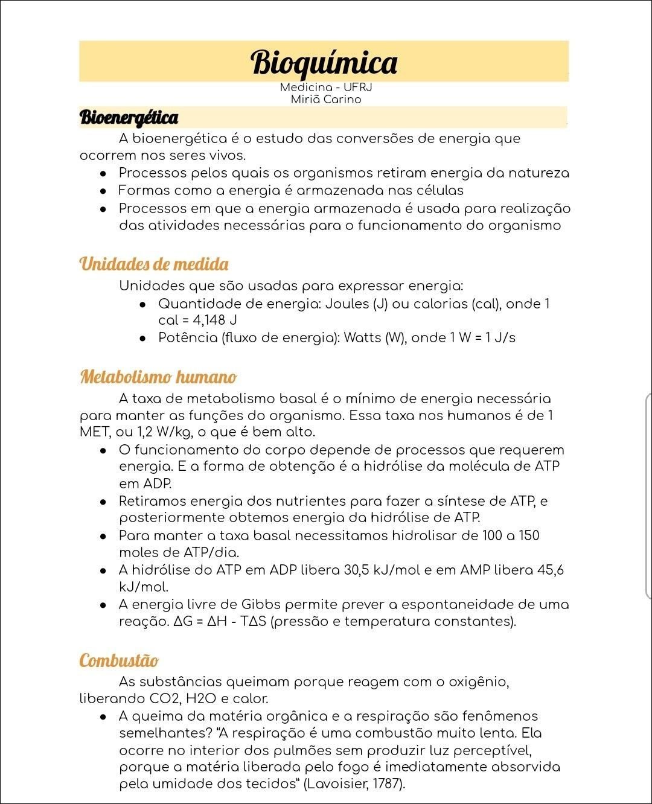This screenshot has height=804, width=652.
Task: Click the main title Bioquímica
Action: [324, 62]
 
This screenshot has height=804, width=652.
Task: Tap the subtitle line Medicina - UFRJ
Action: [325, 88]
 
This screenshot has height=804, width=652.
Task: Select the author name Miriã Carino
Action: [325, 100]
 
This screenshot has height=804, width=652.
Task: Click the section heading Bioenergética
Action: [129, 117]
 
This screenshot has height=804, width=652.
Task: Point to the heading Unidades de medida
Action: [154, 264]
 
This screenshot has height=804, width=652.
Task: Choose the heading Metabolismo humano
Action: [158, 377]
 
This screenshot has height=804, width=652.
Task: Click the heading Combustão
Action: [119, 660]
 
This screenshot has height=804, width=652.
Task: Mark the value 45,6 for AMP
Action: [550, 570]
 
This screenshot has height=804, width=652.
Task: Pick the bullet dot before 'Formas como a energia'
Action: [104, 191]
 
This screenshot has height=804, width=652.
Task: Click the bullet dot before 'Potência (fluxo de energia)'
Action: [142, 338]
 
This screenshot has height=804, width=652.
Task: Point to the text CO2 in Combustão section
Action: [164, 699]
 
